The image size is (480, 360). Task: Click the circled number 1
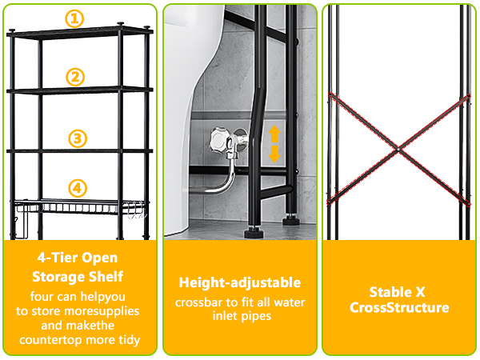coord(74,19)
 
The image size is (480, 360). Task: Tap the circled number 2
coord(75,77)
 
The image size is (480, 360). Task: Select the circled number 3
coord(78,138)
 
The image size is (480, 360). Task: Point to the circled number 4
coord(78,188)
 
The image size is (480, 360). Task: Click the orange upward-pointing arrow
coord(274,134)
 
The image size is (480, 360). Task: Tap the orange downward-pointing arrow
coord(274,154)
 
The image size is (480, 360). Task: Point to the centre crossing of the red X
coord(398,150)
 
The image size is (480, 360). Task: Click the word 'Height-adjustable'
coord(240,282)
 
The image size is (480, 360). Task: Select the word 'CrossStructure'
coord(399,307)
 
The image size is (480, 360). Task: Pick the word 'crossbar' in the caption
coord(198,302)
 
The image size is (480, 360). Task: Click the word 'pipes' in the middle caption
coord(257,317)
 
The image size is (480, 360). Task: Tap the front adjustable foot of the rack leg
coord(254,232)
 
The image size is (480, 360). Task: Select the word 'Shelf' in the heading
coord(108,277)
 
